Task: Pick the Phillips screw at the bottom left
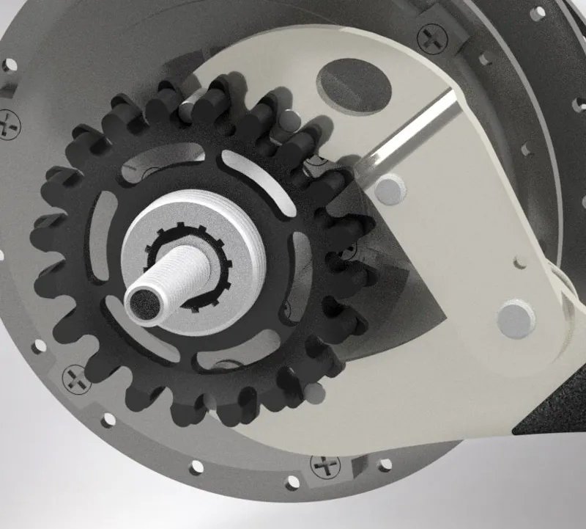pos(75,378)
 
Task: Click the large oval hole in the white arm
pos(354,84)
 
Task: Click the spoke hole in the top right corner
pos(538,13)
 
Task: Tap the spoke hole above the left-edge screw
pos(10,65)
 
